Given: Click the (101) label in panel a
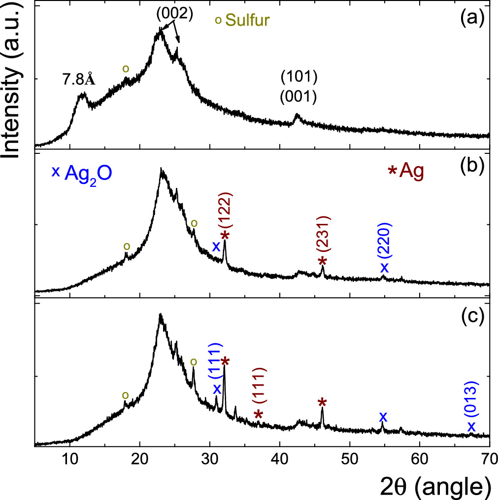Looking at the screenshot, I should click(x=298, y=77).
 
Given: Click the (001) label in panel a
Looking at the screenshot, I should click(x=298, y=97).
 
